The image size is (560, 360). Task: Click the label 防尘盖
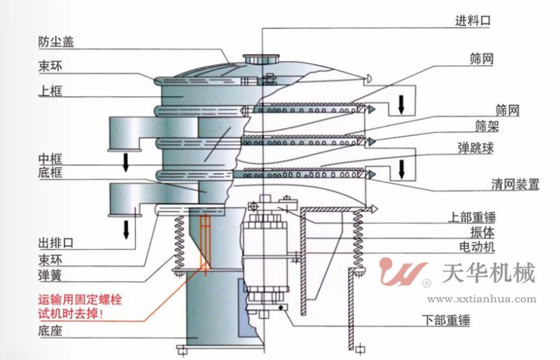click(x=56, y=42)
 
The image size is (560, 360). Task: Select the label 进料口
click(x=472, y=20)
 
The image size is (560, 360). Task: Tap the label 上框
click(x=50, y=90)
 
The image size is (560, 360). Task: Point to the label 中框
click(x=50, y=158)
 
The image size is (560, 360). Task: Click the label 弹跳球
click(x=476, y=148)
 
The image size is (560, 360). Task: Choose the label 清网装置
click(x=515, y=184)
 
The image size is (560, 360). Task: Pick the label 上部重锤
click(x=472, y=217)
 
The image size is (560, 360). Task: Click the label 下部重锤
click(x=446, y=320)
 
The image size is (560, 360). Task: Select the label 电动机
click(x=477, y=247)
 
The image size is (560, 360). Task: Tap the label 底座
click(x=50, y=331)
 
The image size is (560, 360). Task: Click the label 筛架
click(x=487, y=126)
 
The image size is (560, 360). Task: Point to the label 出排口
click(x=56, y=243)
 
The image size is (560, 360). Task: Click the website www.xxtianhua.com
click(x=482, y=299)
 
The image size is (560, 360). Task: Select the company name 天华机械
click(x=489, y=273)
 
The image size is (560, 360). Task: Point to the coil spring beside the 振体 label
click(x=358, y=239)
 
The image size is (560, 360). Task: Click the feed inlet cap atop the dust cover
click(x=261, y=59)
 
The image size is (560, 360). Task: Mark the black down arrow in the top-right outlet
click(x=401, y=104)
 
